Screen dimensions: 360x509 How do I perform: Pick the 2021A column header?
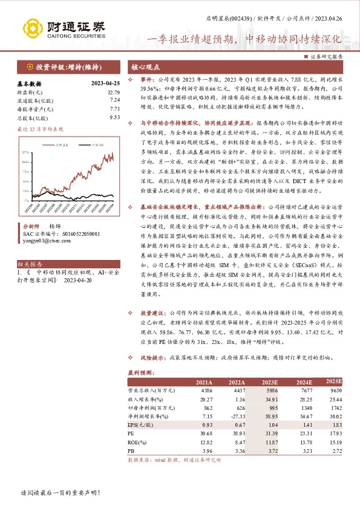(205, 383)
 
